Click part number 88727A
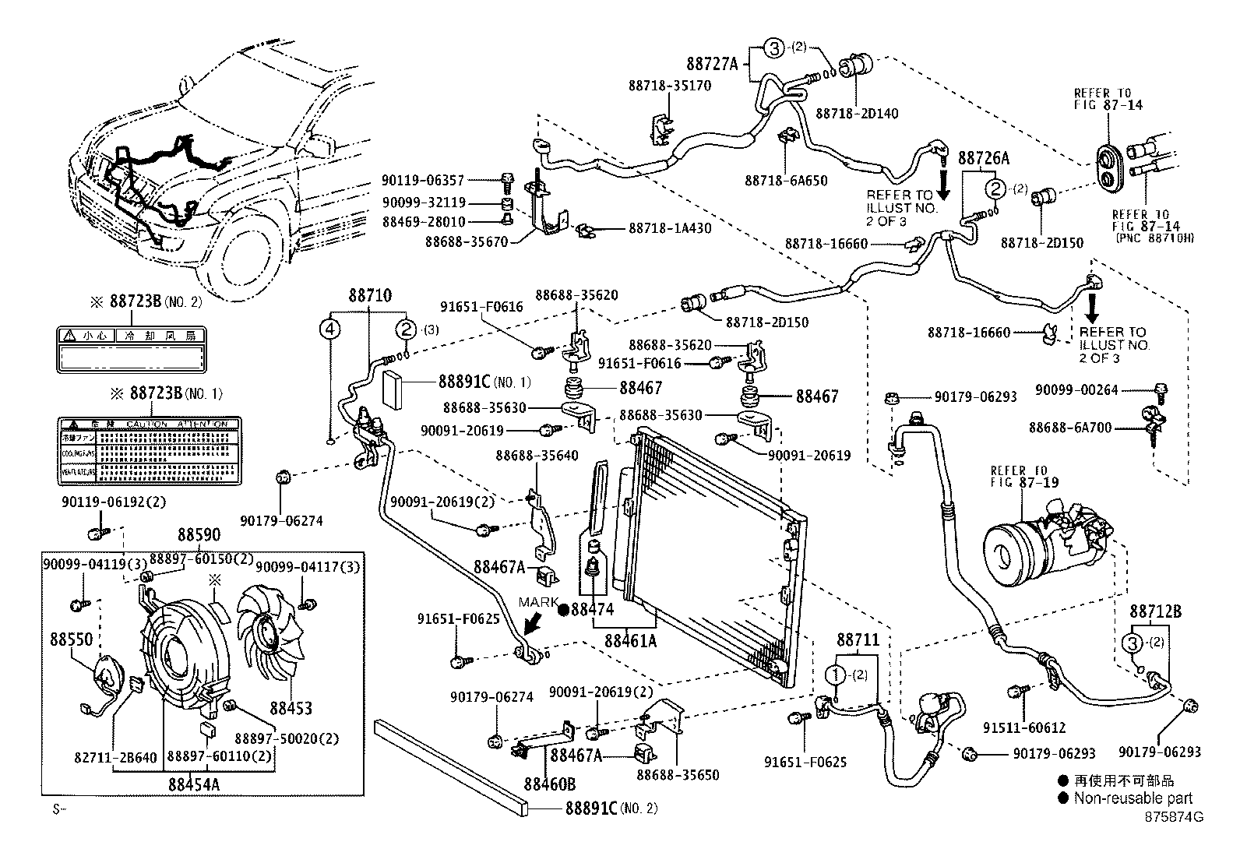click(x=712, y=63)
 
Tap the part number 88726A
click(x=983, y=158)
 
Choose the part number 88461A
click(x=630, y=641)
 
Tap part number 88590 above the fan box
click(x=199, y=535)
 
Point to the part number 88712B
click(x=1155, y=612)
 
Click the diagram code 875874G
click(x=1174, y=817)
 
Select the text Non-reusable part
click(x=1133, y=798)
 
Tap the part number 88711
click(x=858, y=640)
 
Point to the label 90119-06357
click(x=423, y=180)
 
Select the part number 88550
click(x=71, y=639)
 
